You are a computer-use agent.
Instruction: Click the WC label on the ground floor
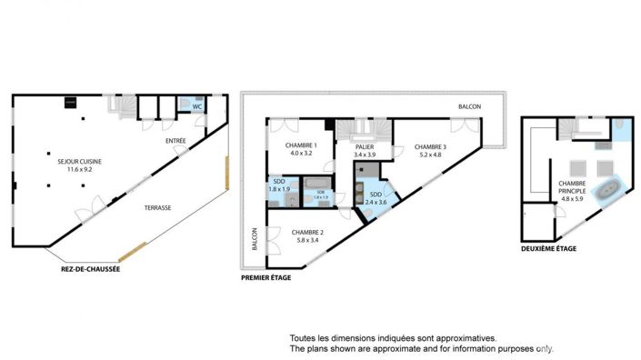pos(196,105)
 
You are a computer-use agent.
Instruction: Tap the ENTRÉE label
pos(175,141)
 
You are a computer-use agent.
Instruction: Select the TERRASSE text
pos(157,208)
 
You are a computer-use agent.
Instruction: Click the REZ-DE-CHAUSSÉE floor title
pos(85,269)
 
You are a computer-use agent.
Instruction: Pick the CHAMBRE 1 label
pos(301,145)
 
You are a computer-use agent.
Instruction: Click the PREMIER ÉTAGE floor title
pos(266,277)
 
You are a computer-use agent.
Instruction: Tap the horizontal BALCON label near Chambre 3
pos(469,106)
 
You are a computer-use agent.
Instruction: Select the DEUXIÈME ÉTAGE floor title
pos(551,247)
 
